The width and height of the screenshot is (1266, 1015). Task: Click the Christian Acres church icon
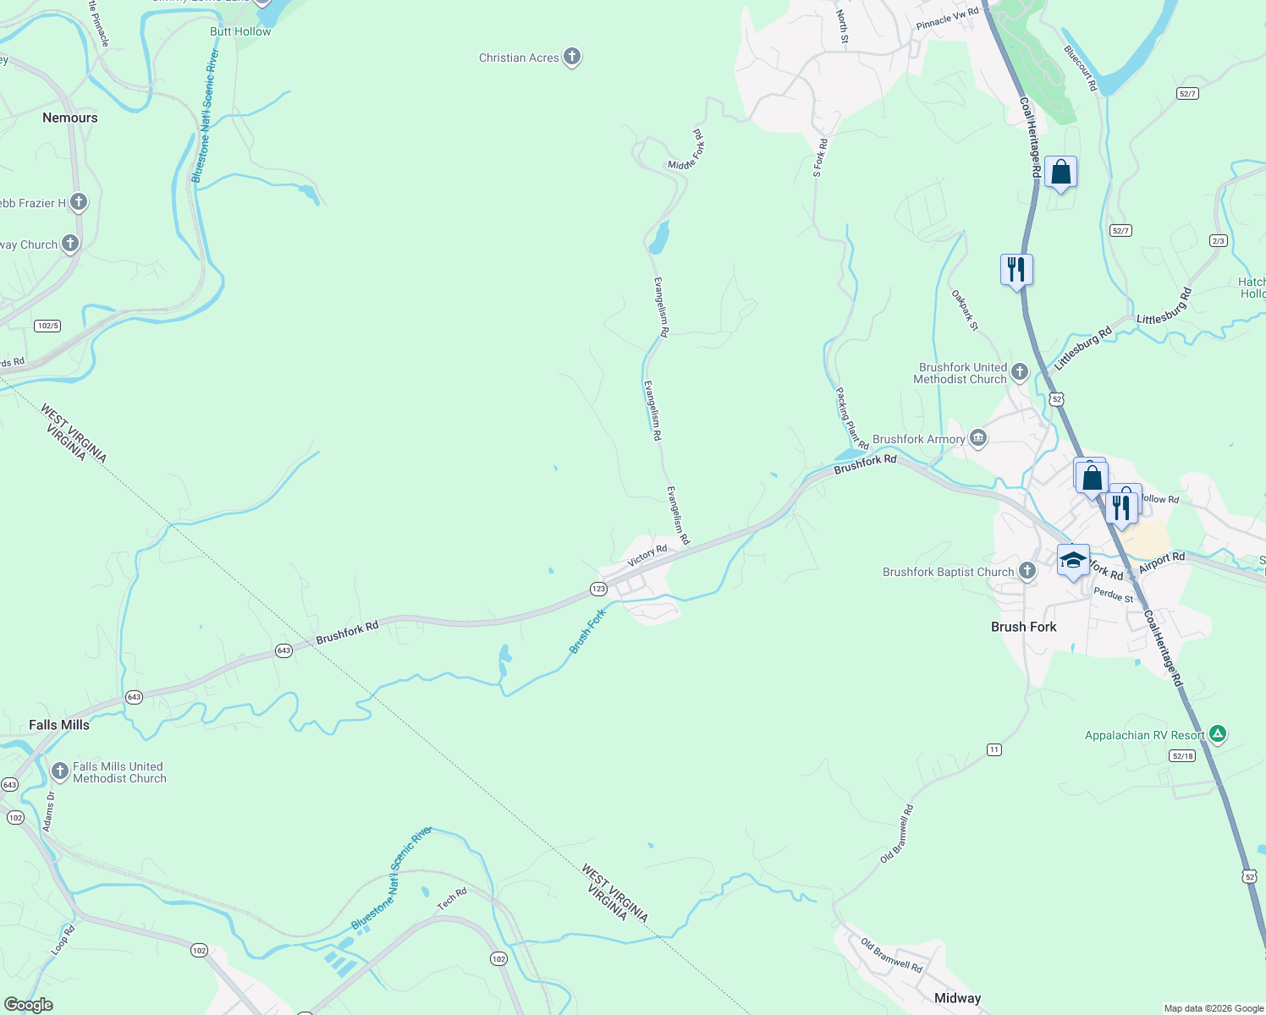click(572, 57)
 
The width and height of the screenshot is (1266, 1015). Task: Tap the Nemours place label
click(70, 118)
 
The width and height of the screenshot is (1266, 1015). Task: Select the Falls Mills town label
click(58, 725)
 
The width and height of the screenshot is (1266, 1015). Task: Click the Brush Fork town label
click(1023, 627)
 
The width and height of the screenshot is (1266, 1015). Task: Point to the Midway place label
click(957, 998)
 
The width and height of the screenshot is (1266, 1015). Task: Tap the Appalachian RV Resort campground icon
click(1217, 734)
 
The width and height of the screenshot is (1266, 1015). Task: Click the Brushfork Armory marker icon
click(978, 438)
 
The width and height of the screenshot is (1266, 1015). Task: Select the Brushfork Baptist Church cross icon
click(1027, 571)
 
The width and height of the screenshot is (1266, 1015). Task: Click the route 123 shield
click(598, 589)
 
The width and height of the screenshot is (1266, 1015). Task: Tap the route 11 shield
click(994, 749)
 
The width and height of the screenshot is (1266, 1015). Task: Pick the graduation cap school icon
click(1073, 561)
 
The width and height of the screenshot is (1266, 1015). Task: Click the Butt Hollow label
click(240, 31)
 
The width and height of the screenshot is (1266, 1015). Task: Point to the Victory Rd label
click(647, 556)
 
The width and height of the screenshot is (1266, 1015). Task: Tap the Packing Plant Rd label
click(851, 419)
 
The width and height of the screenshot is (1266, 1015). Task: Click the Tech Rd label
click(452, 899)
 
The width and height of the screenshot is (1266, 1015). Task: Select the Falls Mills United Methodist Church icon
click(59, 771)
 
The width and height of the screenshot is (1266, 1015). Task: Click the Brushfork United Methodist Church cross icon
click(1020, 371)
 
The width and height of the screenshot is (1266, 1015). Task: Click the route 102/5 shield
click(47, 326)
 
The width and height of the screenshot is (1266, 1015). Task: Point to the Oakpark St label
click(965, 310)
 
